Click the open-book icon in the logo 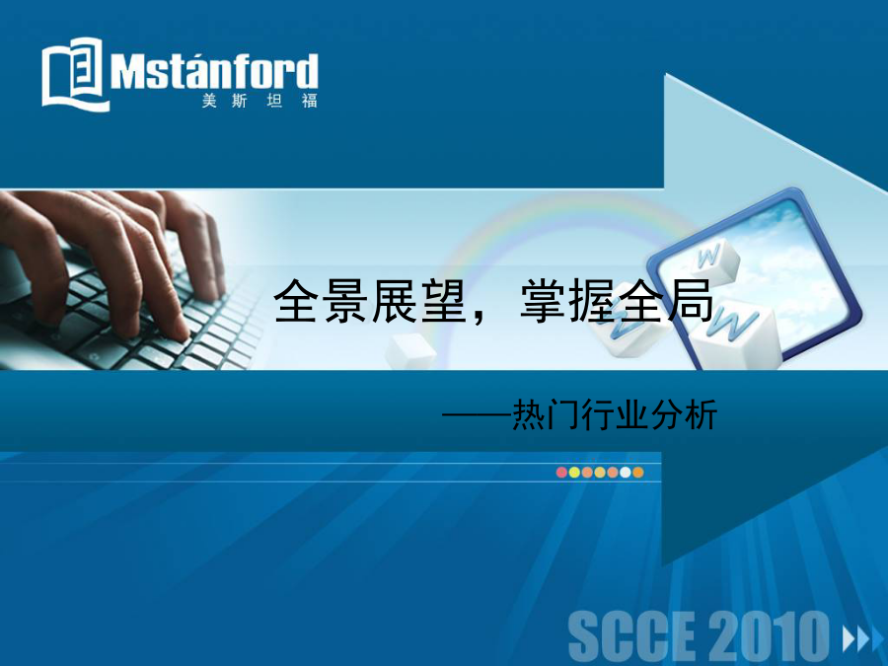point(74,74)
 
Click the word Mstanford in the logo point(214,71)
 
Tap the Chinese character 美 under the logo point(209,102)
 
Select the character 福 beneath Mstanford point(309,102)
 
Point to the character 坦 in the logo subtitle point(274,102)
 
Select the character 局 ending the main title point(691,301)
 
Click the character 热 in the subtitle point(529,415)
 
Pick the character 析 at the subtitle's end point(701,415)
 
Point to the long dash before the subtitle point(477,416)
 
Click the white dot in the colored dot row point(626,473)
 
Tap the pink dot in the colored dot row point(561,473)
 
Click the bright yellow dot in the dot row point(574,473)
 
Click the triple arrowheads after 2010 point(863,639)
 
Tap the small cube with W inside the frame point(713,259)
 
